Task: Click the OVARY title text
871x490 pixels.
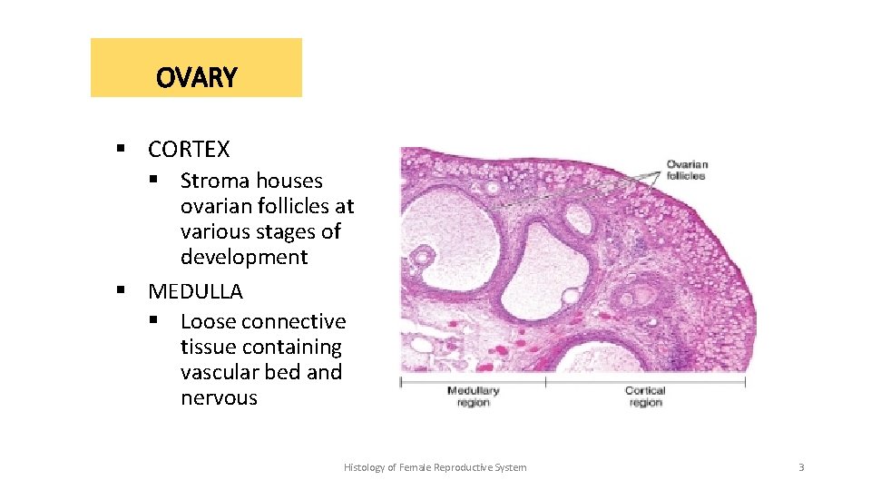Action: click(196, 78)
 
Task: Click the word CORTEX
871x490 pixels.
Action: click(189, 149)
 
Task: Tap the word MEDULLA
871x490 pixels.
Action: click(195, 291)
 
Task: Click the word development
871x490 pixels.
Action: click(244, 257)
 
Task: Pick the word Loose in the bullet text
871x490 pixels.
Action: click(208, 321)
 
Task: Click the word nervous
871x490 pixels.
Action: click(219, 397)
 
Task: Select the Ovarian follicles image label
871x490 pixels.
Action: click(687, 170)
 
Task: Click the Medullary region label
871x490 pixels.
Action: click(473, 397)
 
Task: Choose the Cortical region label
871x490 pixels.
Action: click(645, 397)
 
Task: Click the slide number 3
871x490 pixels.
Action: click(801, 467)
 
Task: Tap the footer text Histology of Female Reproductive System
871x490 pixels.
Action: click(435, 467)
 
